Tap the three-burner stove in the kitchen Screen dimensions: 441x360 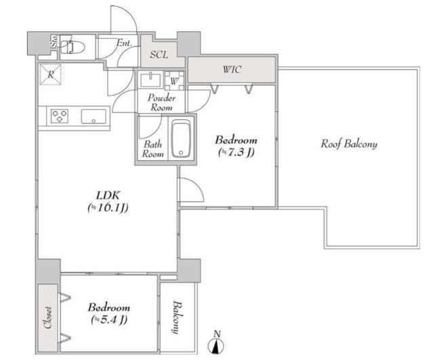click(x=60, y=116)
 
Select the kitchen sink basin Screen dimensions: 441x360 click(x=93, y=116)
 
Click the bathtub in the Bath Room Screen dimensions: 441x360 click(x=181, y=138)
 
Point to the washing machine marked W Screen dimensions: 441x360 click(x=174, y=81)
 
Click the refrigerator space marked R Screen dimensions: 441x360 click(x=51, y=74)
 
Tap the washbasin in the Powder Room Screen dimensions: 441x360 click(x=151, y=80)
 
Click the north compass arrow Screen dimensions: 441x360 click(x=216, y=344)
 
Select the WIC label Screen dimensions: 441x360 click(x=232, y=70)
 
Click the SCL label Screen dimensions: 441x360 click(x=159, y=55)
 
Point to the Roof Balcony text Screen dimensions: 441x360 click(x=349, y=144)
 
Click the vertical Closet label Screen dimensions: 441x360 click(x=48, y=317)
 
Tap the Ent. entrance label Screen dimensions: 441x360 click(x=124, y=43)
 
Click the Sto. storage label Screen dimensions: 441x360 click(x=54, y=41)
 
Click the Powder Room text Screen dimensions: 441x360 click(x=161, y=102)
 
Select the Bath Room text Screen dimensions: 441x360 click(x=153, y=149)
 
